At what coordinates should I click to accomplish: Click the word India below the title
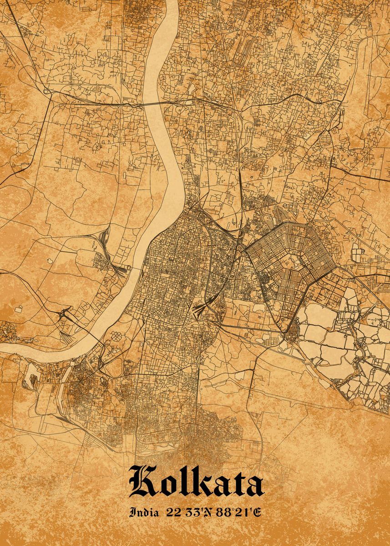pyautogui.click(x=144, y=513)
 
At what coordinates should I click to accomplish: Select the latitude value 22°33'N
pyautogui.click(x=187, y=513)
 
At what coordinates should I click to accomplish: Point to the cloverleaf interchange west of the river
pyautogui.click(x=65, y=314)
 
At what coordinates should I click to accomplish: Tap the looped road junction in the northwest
pyautogui.click(x=46, y=91)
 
